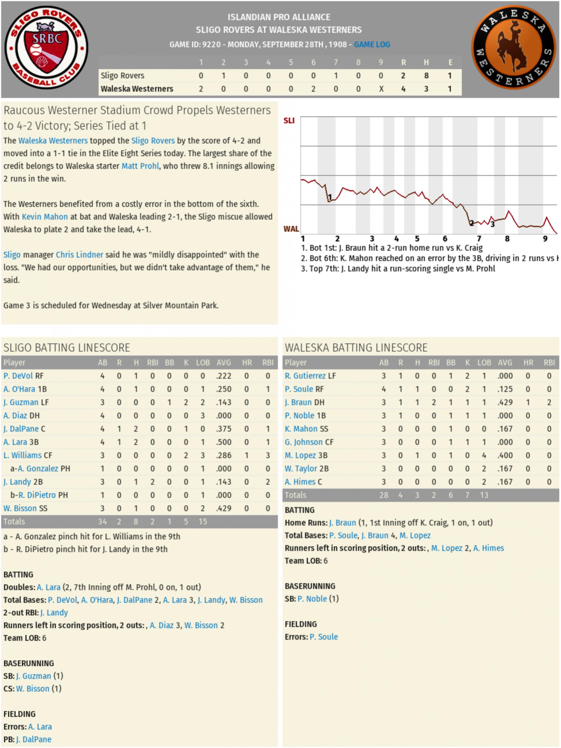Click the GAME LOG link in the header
point(372,44)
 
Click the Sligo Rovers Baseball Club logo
point(46,48)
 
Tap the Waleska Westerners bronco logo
point(513,48)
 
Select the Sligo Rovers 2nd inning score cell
point(223,76)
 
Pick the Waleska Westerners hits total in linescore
point(426,88)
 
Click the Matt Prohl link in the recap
point(140,166)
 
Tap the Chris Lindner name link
point(80,255)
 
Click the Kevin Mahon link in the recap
point(45,217)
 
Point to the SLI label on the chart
point(289,121)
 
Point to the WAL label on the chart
point(291,229)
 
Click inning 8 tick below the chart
point(507,239)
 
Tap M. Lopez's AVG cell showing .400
point(505,455)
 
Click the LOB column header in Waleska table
point(484,363)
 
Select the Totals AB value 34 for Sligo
point(102,521)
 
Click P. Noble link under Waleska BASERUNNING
point(312,598)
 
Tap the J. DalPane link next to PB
point(34,739)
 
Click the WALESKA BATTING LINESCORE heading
point(356,348)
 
